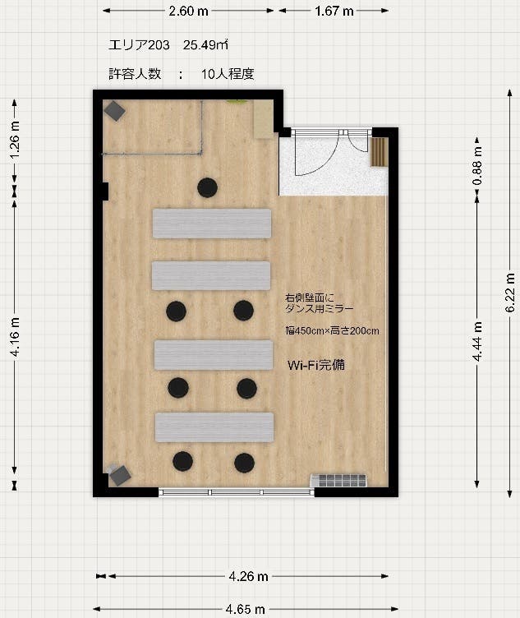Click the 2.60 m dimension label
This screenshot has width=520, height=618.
tap(188, 12)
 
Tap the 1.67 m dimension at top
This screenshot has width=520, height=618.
tap(334, 12)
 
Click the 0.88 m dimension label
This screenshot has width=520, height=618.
tap(477, 163)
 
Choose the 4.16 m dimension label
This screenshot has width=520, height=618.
tap(15, 337)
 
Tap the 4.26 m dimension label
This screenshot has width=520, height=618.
tap(246, 576)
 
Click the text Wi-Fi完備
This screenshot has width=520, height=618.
tap(315, 364)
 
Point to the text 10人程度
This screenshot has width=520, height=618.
tap(228, 73)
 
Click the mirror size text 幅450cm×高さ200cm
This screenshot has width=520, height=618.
tap(332, 331)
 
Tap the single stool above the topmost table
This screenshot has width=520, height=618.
tap(207, 187)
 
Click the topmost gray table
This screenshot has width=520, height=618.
tap(212, 224)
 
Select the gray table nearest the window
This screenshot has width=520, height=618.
tap(214, 427)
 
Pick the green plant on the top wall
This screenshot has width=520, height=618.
tap(237, 102)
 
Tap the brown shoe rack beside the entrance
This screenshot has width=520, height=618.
tap(379, 152)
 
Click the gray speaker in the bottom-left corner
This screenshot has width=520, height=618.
tap(120, 474)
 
